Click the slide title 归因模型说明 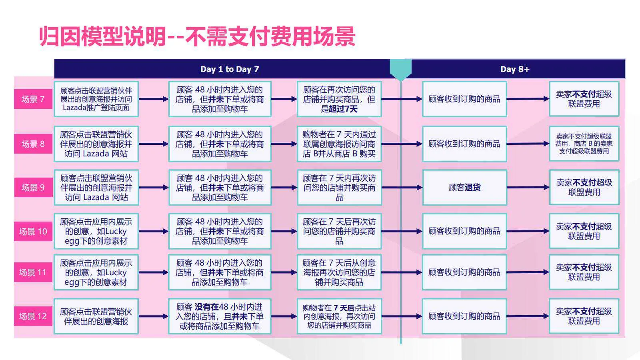pyautogui.click(x=102, y=36)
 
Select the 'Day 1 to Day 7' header pyautogui.click(x=230, y=69)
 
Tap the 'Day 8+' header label pyautogui.click(x=515, y=69)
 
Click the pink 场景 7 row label pyautogui.click(x=33, y=99)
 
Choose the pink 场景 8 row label pyautogui.click(x=33, y=144)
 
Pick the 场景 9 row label pyautogui.click(x=33, y=188)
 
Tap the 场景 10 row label pyautogui.click(x=33, y=232)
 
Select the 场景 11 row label pyautogui.click(x=33, y=272)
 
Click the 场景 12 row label pyautogui.click(x=33, y=316)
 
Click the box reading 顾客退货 pyautogui.click(x=464, y=188)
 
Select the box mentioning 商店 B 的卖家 pyautogui.click(x=584, y=144)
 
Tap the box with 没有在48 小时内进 pyautogui.click(x=220, y=316)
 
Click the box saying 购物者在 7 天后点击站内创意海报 pyautogui.click(x=339, y=316)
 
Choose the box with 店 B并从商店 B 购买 pyautogui.click(x=339, y=144)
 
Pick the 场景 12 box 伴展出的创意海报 pyautogui.click(x=96, y=316)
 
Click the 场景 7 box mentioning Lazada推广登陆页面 pyautogui.click(x=96, y=99)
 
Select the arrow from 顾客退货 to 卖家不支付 pyautogui.click(x=528, y=188)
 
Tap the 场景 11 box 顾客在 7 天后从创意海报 pyautogui.click(x=339, y=272)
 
